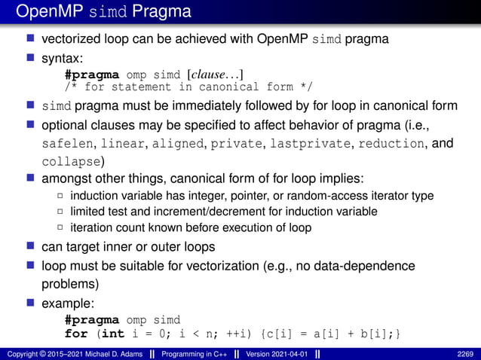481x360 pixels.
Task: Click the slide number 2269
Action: point(465,353)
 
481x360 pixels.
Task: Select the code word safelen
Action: point(63,142)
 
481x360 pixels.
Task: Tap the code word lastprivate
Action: point(311,142)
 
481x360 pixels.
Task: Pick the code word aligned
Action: point(182,142)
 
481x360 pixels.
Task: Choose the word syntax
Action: point(65,56)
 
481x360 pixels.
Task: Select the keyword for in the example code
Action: point(76,333)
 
